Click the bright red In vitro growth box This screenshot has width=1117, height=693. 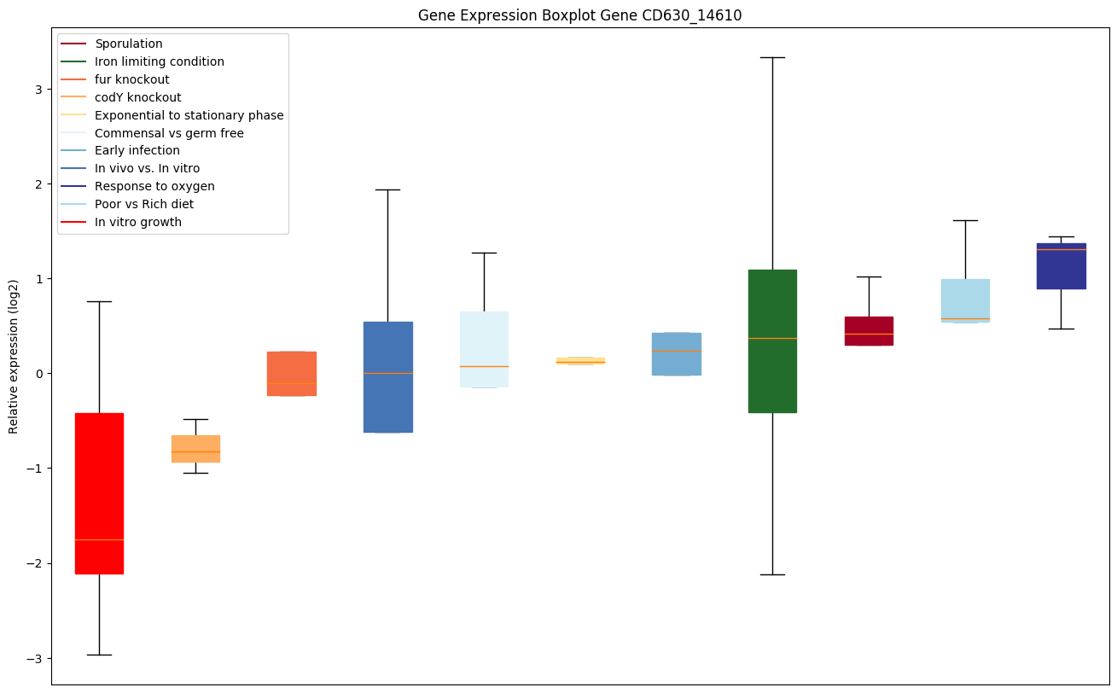pyautogui.click(x=99, y=493)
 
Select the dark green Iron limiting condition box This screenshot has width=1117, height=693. pyautogui.click(x=772, y=341)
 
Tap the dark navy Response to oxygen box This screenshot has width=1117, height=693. pyautogui.click(x=1062, y=266)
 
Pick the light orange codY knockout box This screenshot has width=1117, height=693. pyautogui.click(x=195, y=449)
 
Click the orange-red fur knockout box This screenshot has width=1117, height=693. pyautogui.click(x=292, y=374)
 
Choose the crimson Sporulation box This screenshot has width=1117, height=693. pyautogui.click(x=869, y=331)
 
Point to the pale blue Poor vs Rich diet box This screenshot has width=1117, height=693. pyautogui.click(x=965, y=300)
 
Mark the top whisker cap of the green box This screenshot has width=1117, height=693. pyautogui.click(x=772, y=57)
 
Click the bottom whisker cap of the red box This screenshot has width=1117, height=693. pyautogui.click(x=99, y=655)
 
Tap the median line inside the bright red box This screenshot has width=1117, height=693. pyautogui.click(x=99, y=539)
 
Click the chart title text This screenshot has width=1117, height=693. pyautogui.click(x=573, y=15)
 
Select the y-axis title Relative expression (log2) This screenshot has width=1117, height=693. pyautogui.click(x=14, y=356)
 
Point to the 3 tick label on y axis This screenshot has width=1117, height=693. pyautogui.click(x=37, y=90)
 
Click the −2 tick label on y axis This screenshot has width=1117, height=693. pyautogui.click(x=33, y=563)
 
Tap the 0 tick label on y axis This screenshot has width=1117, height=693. pyautogui.click(x=37, y=374)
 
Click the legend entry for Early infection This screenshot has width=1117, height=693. pyautogui.click(x=137, y=151)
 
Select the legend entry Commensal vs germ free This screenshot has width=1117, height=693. pyautogui.click(x=169, y=133)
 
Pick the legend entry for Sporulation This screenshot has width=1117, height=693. pyautogui.click(x=129, y=44)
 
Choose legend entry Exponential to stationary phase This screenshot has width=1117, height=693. pyautogui.click(x=189, y=115)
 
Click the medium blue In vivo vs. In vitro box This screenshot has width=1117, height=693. pyautogui.click(x=388, y=377)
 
